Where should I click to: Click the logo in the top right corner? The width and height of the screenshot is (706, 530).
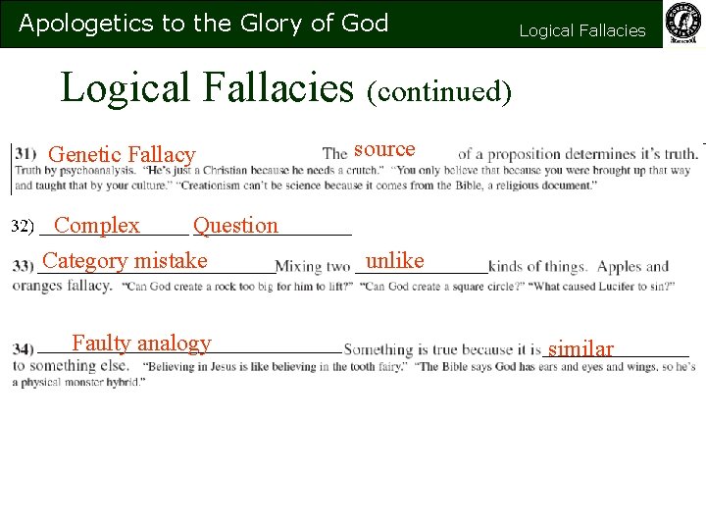(x=683, y=24)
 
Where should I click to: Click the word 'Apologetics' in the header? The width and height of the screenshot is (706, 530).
(x=72, y=24)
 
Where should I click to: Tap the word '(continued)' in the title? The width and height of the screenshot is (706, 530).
(x=438, y=91)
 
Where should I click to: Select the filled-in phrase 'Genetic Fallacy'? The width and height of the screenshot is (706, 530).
(x=122, y=154)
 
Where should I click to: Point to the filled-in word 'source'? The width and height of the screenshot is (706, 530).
(x=384, y=149)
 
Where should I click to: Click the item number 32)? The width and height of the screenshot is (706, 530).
(x=23, y=227)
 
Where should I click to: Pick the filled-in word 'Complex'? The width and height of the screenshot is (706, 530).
(x=97, y=225)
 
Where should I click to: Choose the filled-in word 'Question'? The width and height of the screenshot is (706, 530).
(x=235, y=225)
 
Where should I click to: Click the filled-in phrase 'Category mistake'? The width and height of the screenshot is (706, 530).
(x=126, y=260)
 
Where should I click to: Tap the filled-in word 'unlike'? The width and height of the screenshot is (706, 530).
(x=394, y=260)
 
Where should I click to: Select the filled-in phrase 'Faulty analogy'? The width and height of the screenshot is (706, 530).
(x=141, y=343)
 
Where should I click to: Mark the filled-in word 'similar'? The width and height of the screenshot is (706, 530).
(x=580, y=348)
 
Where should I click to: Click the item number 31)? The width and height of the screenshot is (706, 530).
(x=25, y=154)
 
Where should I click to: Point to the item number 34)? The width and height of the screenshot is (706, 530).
(x=23, y=348)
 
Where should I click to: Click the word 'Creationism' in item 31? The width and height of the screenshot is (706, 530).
(x=225, y=185)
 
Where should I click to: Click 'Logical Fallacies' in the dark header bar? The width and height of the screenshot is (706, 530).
(x=581, y=30)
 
